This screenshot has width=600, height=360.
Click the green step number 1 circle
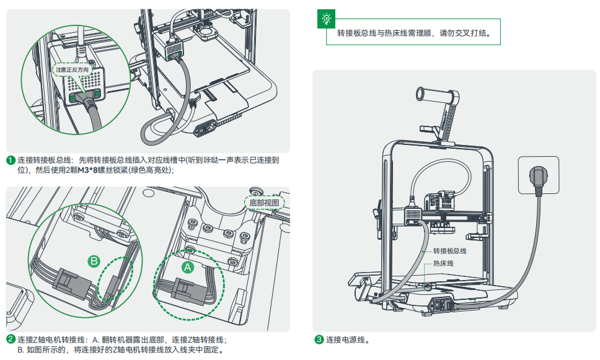click(x=11, y=160)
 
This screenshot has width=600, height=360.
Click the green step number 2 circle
click(x=11, y=340)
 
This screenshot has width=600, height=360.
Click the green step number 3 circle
click(x=319, y=340)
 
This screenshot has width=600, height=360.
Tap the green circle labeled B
click(x=94, y=261)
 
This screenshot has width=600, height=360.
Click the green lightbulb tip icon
click(x=325, y=19)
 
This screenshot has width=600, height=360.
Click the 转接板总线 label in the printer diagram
click(x=449, y=251)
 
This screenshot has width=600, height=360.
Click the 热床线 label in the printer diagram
click(x=443, y=263)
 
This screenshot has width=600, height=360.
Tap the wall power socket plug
click(x=538, y=177)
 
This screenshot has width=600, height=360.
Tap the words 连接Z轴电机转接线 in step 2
click(x=51, y=340)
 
